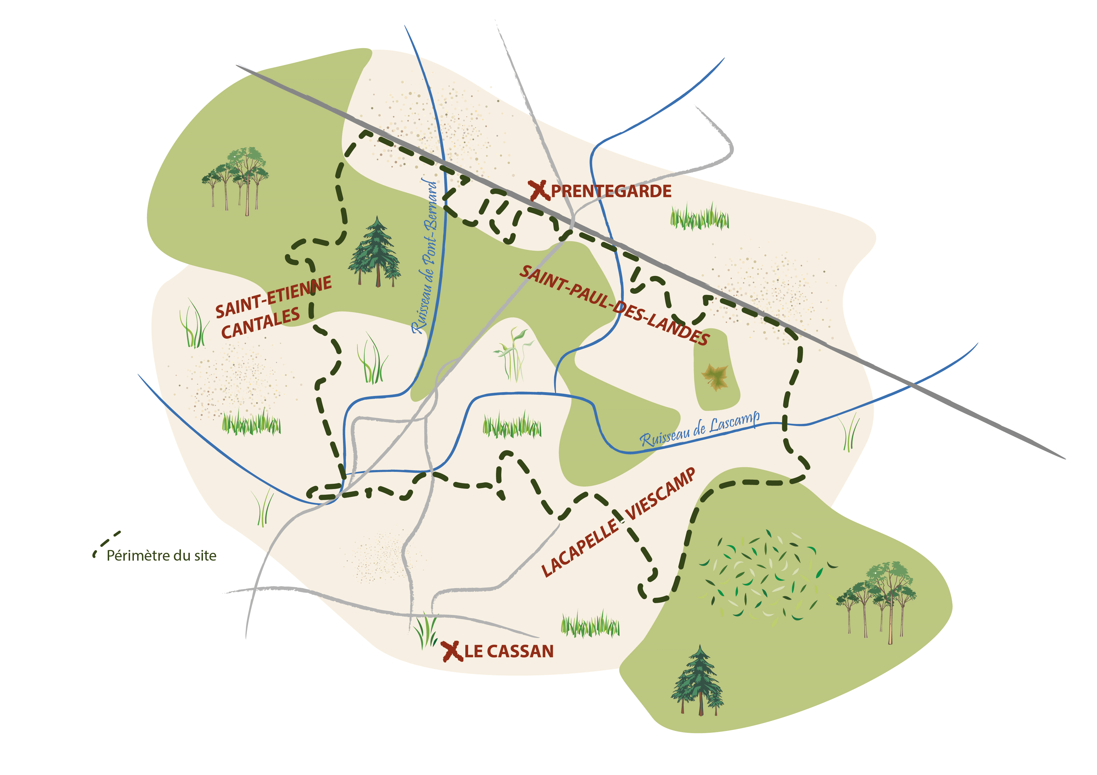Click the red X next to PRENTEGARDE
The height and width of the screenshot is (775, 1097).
click(538, 191)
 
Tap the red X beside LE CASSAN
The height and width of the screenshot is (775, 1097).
click(452, 651)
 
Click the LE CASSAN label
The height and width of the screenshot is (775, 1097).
click(509, 651)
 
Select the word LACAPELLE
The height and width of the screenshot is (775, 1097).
click(580, 549)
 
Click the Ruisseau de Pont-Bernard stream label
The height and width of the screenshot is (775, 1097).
click(425, 257)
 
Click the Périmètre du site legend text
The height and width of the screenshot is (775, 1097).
click(161, 556)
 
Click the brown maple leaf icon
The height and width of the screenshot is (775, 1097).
click(715, 377)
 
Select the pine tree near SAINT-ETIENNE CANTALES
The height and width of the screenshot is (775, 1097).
click(375, 253)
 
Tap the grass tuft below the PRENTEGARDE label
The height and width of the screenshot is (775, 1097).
click(700, 217)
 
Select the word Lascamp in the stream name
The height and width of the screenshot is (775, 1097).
click(734, 422)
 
